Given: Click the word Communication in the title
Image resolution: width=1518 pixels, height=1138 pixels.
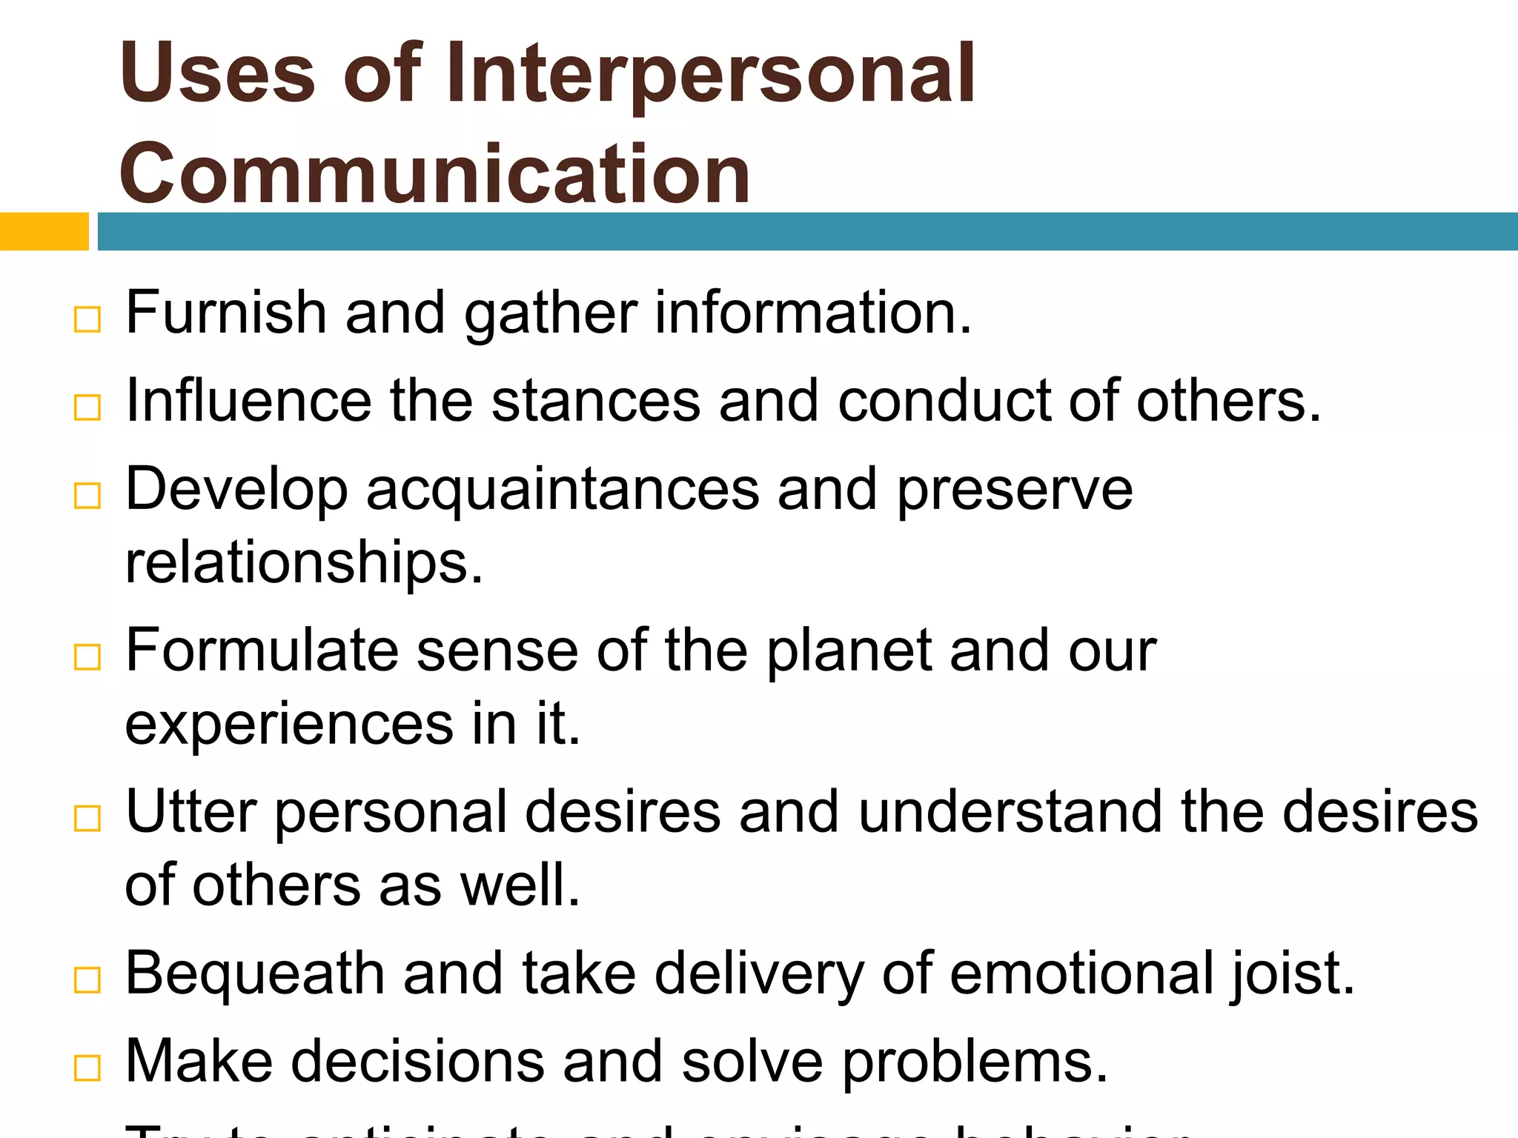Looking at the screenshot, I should (434, 175).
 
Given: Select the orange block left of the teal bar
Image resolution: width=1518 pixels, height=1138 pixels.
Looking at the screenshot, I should (44, 231).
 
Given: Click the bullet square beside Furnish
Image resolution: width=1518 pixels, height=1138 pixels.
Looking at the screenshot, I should (87, 320).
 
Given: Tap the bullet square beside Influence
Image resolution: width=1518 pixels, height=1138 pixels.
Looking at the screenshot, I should (87, 407).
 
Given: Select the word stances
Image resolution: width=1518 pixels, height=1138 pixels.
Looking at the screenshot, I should (595, 402).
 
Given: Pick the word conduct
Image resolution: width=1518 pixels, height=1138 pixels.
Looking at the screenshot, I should (944, 402).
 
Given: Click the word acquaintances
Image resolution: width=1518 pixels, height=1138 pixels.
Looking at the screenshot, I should (563, 490).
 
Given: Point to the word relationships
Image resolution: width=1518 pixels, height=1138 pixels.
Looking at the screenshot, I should (304, 563).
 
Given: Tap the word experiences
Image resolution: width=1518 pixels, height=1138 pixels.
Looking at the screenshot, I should (289, 725).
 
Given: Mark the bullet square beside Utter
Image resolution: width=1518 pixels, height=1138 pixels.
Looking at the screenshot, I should (87, 819).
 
